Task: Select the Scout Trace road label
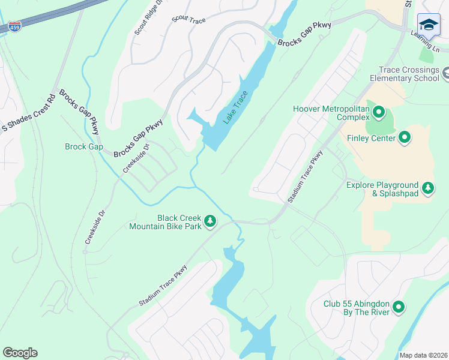[x=188, y=20]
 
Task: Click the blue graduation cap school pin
[x=428, y=25]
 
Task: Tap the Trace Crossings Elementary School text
[x=404, y=74]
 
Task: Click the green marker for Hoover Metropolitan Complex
[x=379, y=112]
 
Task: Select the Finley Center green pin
[x=405, y=138]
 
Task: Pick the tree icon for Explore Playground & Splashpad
[x=428, y=188]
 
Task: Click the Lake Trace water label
[x=235, y=108]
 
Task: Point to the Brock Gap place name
[x=83, y=146]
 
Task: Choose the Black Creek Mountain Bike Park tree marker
[x=210, y=222]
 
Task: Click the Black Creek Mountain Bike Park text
[x=165, y=222]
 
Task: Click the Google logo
[x=20, y=353]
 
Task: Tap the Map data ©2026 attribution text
[x=423, y=355]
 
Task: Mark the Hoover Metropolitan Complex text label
[x=331, y=113]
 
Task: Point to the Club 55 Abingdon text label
[x=356, y=308]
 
